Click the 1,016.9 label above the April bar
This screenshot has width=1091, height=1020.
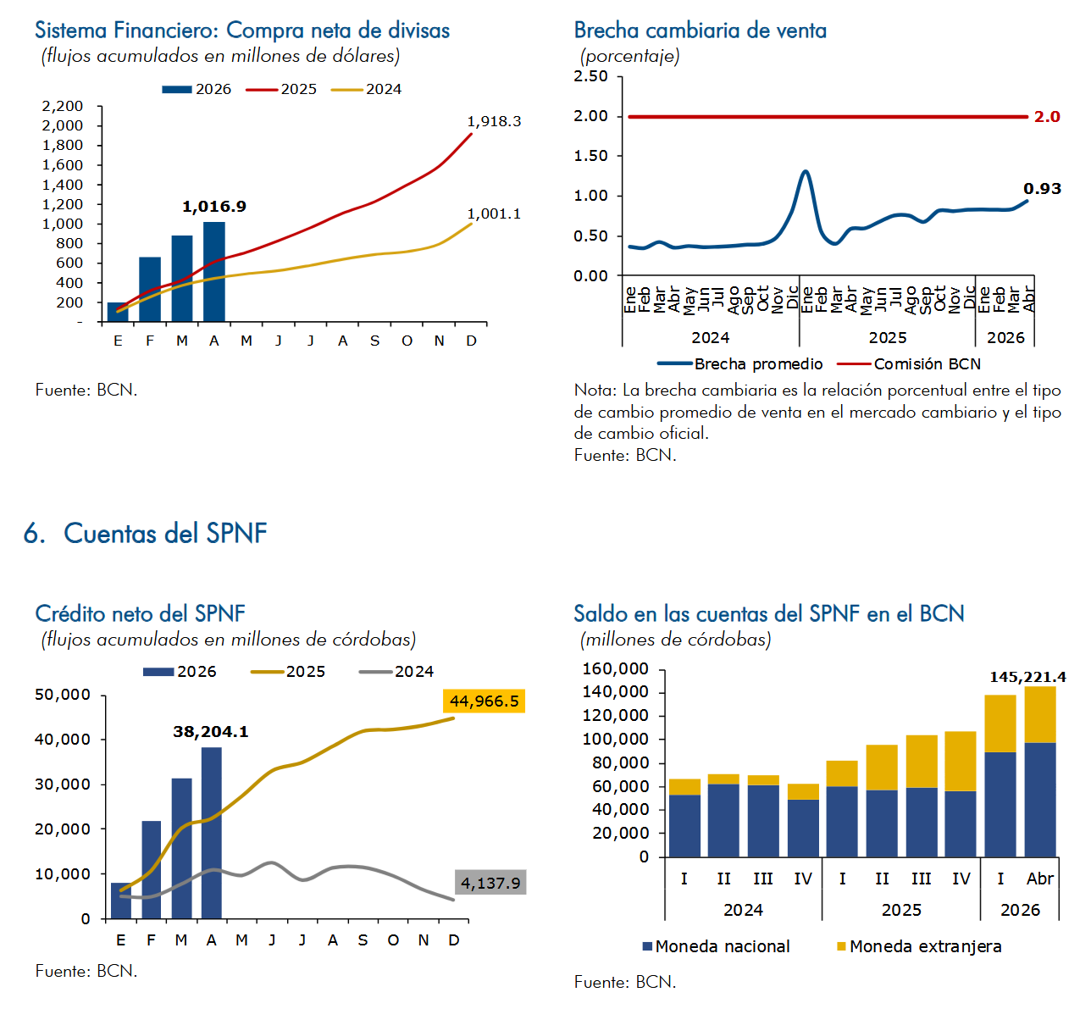(x=214, y=207)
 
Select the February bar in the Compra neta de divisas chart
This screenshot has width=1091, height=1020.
(x=150, y=289)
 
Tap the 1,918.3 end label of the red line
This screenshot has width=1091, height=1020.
(x=494, y=121)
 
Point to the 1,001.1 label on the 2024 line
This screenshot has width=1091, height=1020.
(x=494, y=213)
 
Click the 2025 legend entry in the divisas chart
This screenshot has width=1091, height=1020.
(x=281, y=89)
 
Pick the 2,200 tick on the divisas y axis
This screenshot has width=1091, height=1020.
(x=63, y=106)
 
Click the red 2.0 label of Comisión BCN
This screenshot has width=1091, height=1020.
(x=1047, y=117)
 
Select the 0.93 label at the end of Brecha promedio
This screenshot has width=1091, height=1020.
(x=1042, y=189)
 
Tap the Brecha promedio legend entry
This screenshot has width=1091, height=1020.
(x=740, y=363)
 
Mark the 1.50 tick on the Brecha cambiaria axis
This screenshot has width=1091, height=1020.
(x=590, y=156)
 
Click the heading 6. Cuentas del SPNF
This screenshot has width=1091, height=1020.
(x=146, y=533)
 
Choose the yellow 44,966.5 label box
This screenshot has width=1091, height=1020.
(x=484, y=701)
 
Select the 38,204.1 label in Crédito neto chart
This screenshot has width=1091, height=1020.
(x=211, y=731)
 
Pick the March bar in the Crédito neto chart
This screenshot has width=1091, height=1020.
(x=182, y=848)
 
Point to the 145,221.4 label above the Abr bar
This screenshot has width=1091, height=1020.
(x=1027, y=677)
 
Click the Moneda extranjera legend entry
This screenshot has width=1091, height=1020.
(x=919, y=946)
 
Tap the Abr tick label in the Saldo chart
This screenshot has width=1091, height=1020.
(x=1040, y=879)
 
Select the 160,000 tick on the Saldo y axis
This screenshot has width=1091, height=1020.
(x=615, y=668)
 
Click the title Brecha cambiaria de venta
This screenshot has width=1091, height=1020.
(x=700, y=30)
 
